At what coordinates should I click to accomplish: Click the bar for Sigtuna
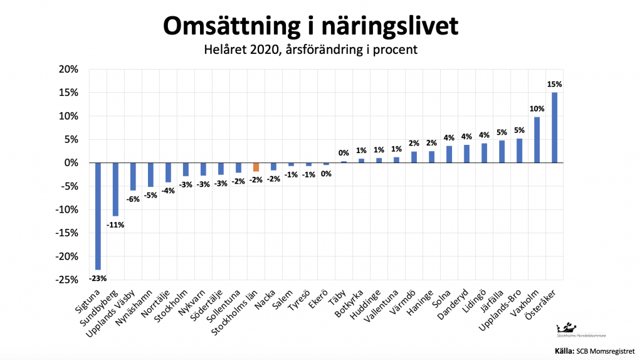98,216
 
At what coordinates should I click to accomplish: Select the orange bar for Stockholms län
256,167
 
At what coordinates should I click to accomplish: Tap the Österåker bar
554,128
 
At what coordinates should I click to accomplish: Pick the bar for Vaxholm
537,140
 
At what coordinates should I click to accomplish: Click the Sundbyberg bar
115,189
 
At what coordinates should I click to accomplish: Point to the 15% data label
555,84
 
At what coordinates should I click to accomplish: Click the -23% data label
97,277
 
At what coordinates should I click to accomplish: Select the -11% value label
115,224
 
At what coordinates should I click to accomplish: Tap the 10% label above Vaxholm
537,108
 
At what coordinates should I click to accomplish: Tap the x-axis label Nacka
268,299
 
